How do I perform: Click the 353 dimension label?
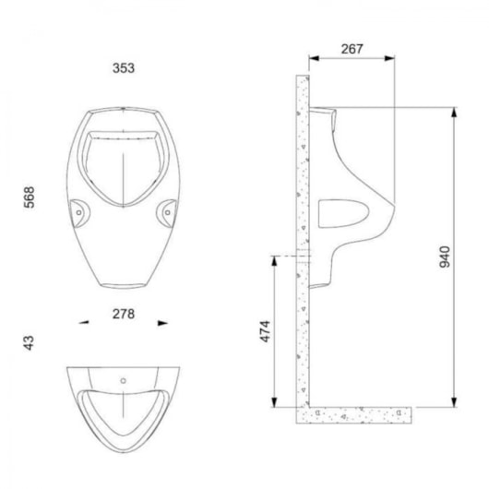[x=124, y=68]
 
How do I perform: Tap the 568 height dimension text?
[x=30, y=197]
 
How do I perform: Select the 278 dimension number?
[x=124, y=314]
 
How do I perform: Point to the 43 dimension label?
[x=29, y=342]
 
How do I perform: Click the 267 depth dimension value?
[x=352, y=49]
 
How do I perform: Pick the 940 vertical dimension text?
[x=445, y=256]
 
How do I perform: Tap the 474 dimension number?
[x=266, y=331]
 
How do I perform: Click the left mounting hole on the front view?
[x=79, y=213]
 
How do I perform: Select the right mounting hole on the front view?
[x=168, y=213]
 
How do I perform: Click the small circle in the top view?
[x=124, y=380]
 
